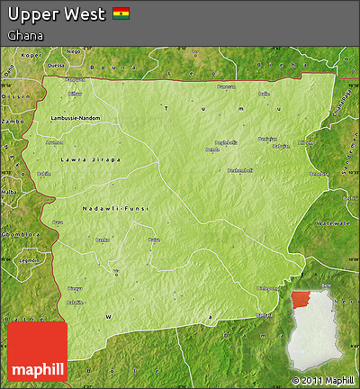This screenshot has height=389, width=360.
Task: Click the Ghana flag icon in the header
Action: coord(121,14)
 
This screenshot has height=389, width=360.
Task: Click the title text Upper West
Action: coord(56,14)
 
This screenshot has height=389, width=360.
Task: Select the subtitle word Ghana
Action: coord(26,35)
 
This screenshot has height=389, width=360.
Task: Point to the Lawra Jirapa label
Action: coord(90,160)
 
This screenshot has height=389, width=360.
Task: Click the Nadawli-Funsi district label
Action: coord(113,208)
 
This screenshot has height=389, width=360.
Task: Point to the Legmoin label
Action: coord(30,259)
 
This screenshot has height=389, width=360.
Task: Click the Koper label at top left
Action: coord(32,56)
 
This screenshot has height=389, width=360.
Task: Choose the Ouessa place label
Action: coord(56,65)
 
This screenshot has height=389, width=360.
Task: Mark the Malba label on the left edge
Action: coord(9,192)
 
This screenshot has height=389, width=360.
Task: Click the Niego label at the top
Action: coord(74,52)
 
